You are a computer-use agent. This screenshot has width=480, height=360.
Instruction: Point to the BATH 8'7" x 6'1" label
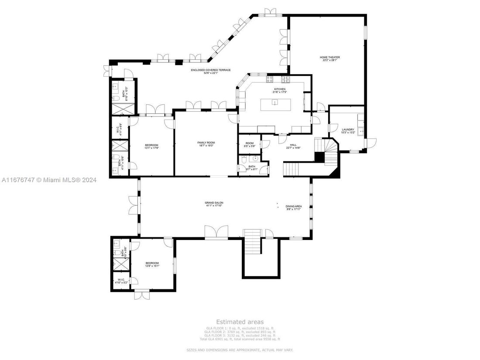tap(252, 167)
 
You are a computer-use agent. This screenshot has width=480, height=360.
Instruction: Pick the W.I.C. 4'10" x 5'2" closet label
tap(120, 281)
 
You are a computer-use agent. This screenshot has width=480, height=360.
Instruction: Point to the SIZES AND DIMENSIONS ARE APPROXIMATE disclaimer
tap(240, 350)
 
